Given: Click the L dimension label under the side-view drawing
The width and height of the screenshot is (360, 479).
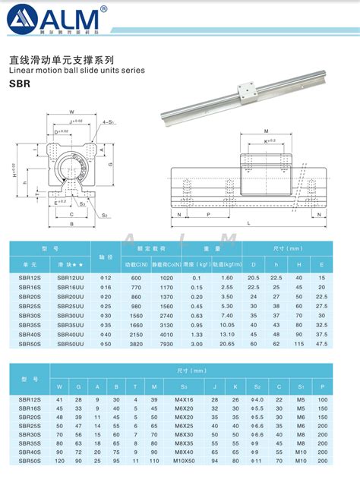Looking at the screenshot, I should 248,222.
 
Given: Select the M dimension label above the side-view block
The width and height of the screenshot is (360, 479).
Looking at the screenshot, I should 265,131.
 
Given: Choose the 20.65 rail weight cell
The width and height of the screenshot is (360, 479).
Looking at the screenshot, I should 226,344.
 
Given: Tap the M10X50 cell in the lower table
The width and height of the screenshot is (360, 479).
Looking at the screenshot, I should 184,460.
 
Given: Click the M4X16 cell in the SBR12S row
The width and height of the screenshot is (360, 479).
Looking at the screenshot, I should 184,399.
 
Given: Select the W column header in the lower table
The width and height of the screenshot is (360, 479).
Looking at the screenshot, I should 59,386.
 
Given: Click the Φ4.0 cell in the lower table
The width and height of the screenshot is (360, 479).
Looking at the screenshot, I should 257,399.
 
